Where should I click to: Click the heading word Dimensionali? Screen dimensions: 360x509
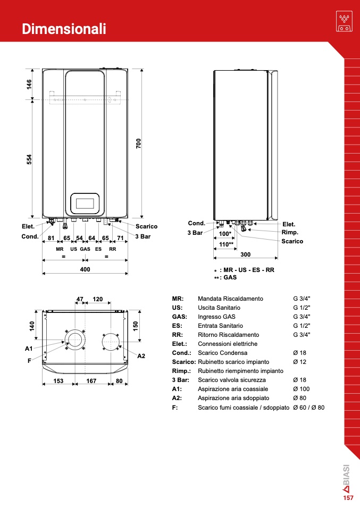click(x=64, y=29)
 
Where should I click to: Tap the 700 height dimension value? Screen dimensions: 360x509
click(x=139, y=143)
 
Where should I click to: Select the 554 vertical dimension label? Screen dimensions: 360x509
click(x=29, y=159)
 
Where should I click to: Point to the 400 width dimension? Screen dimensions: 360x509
click(x=85, y=269)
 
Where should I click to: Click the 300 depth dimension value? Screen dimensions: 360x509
click(x=246, y=254)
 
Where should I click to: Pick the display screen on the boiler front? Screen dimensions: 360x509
click(x=85, y=203)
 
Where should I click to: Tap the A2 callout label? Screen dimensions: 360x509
click(x=141, y=356)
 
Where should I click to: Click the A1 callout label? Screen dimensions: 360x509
click(x=29, y=349)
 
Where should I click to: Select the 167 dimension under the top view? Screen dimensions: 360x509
click(x=91, y=381)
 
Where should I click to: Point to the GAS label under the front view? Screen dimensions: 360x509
click(x=85, y=249)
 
